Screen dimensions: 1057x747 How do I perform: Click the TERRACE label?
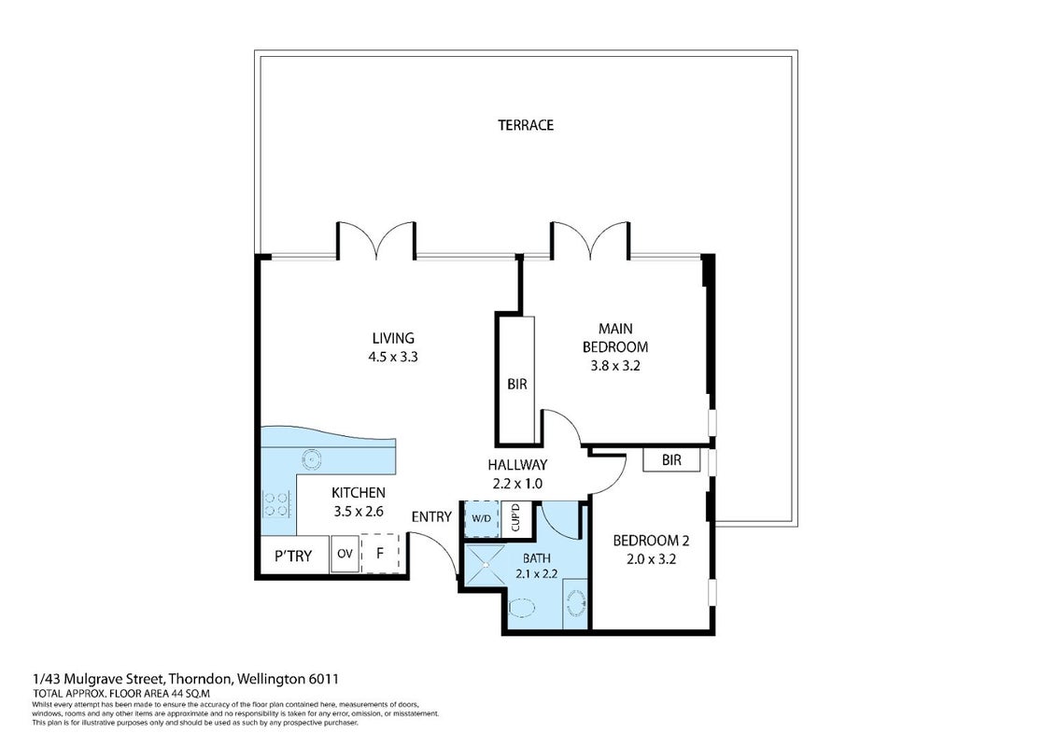coord(526,125)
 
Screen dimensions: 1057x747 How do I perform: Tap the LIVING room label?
coord(393,338)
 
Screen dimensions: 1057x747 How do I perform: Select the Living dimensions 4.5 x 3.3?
coord(393,358)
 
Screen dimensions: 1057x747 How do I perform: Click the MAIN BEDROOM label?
coord(615,338)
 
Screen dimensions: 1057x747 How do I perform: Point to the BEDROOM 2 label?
coord(651,541)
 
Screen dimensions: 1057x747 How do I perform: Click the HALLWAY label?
coord(517,464)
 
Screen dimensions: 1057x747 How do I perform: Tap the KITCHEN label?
coord(359,493)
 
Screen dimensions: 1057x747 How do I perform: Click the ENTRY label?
coord(431,517)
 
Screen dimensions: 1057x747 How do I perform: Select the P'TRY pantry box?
coord(293,556)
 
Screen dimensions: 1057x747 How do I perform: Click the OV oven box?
coord(345,555)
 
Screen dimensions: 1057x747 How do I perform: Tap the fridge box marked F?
coord(381,554)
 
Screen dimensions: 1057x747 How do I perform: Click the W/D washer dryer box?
coord(481,518)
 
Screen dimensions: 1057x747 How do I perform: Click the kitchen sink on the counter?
coord(312,459)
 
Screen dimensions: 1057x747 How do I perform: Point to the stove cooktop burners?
coord(275,504)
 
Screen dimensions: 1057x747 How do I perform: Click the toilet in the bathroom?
coord(523,609)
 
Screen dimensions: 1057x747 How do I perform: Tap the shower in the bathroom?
coord(483,566)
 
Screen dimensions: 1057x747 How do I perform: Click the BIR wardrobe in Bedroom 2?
coord(671,460)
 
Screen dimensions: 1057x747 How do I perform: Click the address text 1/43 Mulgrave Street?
coord(98,679)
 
